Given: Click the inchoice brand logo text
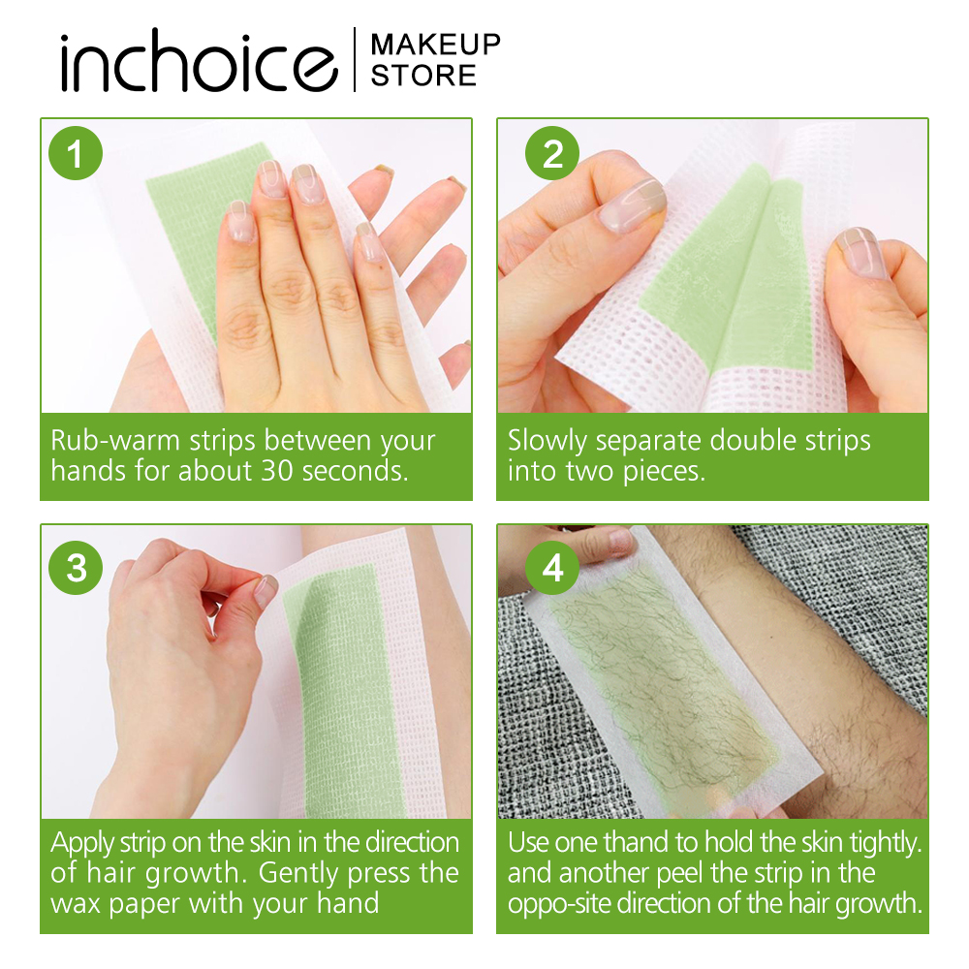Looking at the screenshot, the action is coord(199,62).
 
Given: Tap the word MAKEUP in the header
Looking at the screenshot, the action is coord(436,45).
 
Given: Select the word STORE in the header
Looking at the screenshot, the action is coord(423,76).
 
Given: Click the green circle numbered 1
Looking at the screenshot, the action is coord(76,153).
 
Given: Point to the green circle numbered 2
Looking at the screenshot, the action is coord(552,153).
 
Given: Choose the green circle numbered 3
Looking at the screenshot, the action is coord(76,567).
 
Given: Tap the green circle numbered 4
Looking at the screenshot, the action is coord(552,567).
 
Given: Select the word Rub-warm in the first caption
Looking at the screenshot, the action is coord(116,441).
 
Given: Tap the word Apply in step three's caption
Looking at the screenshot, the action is coord(83,844).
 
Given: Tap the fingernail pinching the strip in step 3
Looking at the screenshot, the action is coord(266,589).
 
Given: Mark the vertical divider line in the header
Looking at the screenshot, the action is coord(355,60).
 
